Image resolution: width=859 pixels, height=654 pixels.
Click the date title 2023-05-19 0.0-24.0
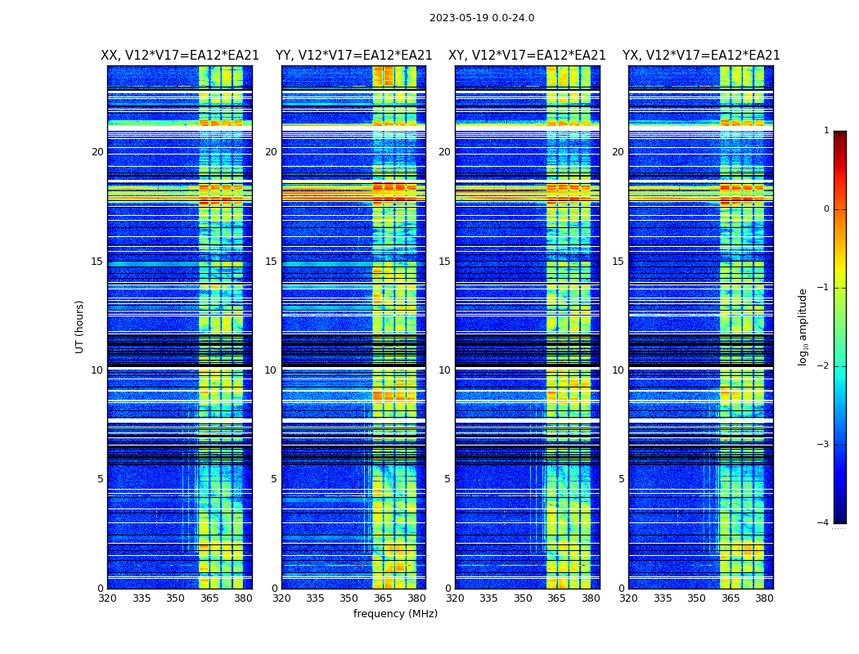[482, 18]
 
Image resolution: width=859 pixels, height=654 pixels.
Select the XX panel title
[180, 56]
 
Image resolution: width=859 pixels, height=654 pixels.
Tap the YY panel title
[353, 56]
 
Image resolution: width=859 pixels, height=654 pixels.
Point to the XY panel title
[527, 56]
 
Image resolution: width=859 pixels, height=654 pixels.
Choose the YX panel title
[701, 56]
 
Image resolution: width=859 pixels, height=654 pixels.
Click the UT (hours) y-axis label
[80, 326]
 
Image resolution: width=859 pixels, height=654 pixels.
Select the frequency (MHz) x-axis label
[395, 614]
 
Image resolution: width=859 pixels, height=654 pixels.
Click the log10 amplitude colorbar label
[803, 326]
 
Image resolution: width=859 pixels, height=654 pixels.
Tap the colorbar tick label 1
[826, 131]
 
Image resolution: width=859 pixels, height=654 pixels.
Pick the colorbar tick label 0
[826, 209]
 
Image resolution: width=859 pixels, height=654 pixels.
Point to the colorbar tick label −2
[825, 366]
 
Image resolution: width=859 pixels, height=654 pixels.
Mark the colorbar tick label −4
[825, 523]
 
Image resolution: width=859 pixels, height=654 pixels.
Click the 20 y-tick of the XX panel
[97, 152]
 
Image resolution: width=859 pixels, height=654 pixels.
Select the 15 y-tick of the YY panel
[271, 262]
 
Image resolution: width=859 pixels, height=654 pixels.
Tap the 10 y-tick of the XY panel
[444, 370]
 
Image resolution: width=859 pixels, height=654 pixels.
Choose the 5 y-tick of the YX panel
[621, 479]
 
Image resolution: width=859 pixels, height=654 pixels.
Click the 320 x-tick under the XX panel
[107, 598]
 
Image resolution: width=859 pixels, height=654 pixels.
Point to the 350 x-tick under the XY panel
[523, 598]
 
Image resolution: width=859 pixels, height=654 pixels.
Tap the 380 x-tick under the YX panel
[764, 598]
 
